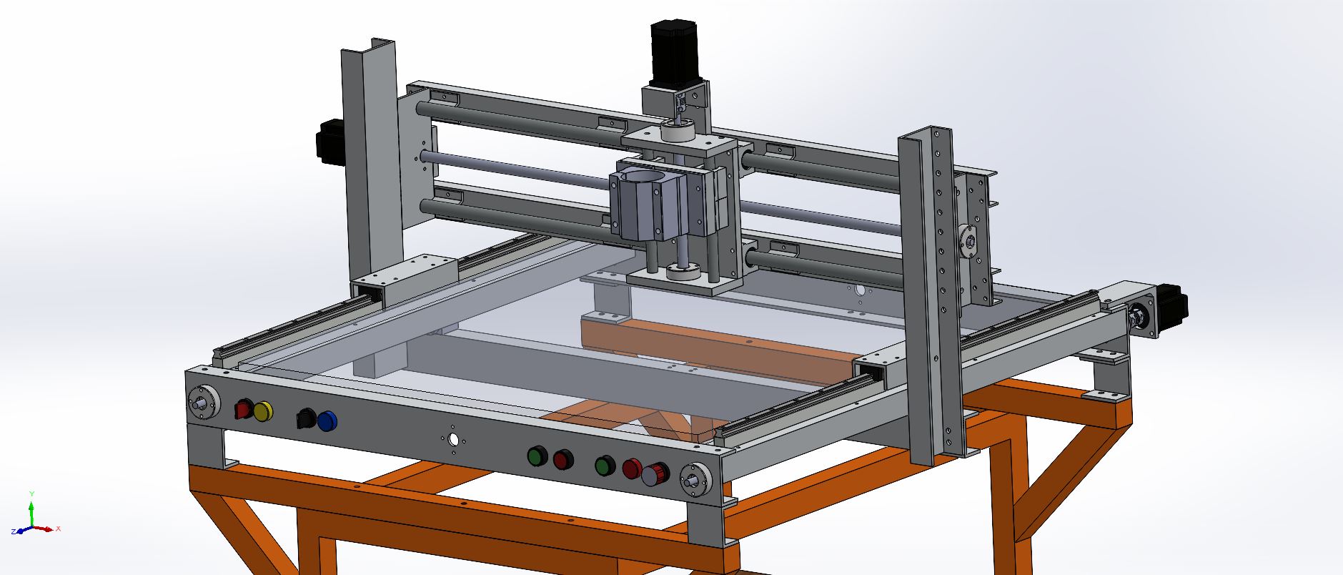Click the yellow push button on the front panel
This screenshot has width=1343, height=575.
263,411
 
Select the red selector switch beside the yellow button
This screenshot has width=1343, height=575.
243,410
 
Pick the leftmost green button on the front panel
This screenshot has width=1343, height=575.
537,456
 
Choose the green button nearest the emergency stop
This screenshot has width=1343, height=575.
605,466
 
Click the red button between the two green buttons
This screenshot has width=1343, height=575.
563,459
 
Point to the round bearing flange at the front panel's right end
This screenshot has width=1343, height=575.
694,478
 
